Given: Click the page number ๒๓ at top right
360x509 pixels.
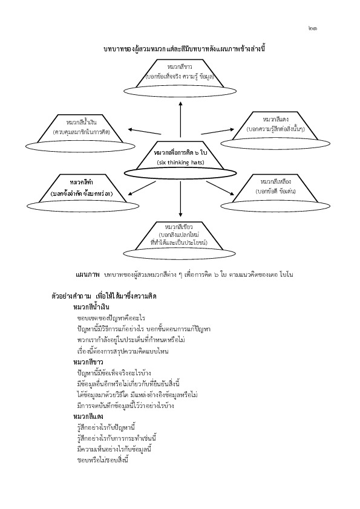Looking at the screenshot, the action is [x=312, y=28].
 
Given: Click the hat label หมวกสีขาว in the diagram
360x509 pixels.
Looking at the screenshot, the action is [x=180, y=67].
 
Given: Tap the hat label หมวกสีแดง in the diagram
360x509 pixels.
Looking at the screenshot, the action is [x=275, y=120].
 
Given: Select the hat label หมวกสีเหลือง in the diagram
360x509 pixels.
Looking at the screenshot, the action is [x=275, y=181].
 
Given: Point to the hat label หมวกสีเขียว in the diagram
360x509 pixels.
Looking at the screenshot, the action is [x=178, y=227].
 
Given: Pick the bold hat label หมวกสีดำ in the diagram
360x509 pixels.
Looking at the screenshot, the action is [x=82, y=183].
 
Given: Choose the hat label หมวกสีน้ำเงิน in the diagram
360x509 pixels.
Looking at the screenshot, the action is [x=81, y=123].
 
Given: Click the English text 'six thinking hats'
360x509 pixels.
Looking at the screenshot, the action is [x=180, y=163].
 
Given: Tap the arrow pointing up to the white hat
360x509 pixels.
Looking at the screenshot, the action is [x=180, y=120].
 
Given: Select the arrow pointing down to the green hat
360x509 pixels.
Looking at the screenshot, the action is [x=180, y=199].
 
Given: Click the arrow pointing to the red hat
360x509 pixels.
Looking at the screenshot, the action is [x=217, y=131].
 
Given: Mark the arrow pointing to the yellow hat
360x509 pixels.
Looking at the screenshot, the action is [x=220, y=188].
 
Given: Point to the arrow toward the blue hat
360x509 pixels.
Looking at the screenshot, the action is [x=144, y=131].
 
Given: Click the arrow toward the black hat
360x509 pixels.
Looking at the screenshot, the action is [x=142, y=188].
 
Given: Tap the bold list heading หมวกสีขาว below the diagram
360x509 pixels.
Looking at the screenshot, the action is [x=88, y=362].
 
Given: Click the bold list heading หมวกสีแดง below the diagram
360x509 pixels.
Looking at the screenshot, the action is [x=88, y=417].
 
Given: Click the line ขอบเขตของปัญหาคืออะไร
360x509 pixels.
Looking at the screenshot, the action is [x=111, y=318].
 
